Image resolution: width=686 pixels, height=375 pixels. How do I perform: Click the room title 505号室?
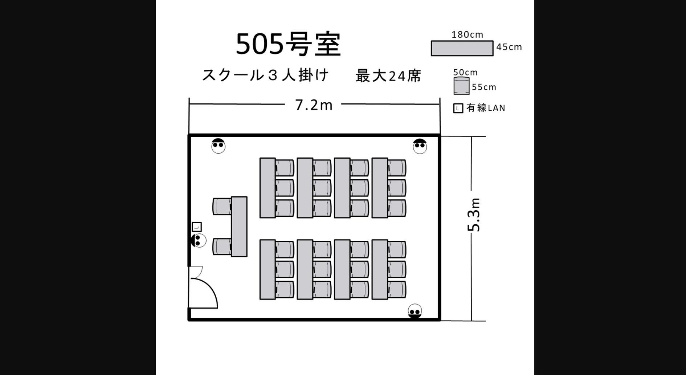pyautogui.click(x=289, y=44)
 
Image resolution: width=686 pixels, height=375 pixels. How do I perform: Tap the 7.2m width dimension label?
pyautogui.click(x=314, y=105)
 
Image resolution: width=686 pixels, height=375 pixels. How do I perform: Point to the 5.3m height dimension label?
pyautogui.click(x=474, y=215)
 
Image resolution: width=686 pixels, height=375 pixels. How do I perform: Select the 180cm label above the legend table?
pyautogui.click(x=467, y=35)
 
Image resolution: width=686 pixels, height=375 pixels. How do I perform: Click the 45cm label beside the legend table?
pyautogui.click(x=509, y=47)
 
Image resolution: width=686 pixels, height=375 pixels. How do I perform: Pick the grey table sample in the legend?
pyautogui.click(x=462, y=48)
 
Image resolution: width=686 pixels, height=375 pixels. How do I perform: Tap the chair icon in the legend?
pyautogui.click(x=461, y=86)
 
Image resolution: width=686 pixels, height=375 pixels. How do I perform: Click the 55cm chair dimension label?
pyautogui.click(x=484, y=87)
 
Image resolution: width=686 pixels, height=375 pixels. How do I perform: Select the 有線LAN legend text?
pyautogui.click(x=486, y=108)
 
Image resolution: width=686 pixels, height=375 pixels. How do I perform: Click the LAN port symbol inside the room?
pyautogui.click(x=196, y=227)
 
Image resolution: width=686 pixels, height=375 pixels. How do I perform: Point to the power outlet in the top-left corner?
pyautogui.click(x=218, y=146)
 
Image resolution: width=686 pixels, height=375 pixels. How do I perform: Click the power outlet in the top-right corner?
pyautogui.click(x=420, y=146)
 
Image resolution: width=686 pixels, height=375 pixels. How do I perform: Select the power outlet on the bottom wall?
pyautogui.click(x=415, y=311)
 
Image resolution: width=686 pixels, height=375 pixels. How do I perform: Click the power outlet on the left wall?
pyautogui.click(x=198, y=240)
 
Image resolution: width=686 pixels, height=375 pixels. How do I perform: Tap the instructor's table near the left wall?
pyautogui.click(x=239, y=227)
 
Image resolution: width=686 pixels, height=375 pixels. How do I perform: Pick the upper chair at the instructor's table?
pyautogui.click(x=221, y=206)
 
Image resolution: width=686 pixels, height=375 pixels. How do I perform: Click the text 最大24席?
pyautogui.click(x=388, y=76)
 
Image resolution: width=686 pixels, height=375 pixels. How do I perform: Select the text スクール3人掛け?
pyautogui.click(x=265, y=75)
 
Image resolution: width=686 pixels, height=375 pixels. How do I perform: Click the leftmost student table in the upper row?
pyautogui.click(x=268, y=188)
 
